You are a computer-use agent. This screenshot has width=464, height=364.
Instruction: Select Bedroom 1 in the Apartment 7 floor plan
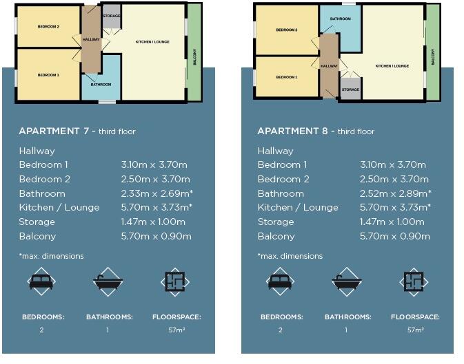pyautogui.click(x=48, y=74)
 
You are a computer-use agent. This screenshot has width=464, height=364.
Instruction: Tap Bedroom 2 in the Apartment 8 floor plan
pyautogui.click(x=286, y=30)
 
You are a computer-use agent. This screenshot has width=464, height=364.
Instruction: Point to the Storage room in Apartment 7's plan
pyautogui.click(x=111, y=16)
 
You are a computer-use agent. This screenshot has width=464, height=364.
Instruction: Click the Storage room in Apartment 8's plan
pyautogui.click(x=350, y=89)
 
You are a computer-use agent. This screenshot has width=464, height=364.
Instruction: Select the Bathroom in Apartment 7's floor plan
pyautogui.click(x=101, y=84)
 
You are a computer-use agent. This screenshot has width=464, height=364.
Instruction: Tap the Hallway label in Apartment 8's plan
pyautogui.click(x=330, y=65)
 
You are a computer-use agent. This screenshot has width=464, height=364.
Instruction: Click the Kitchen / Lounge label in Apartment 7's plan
pyautogui.click(x=152, y=42)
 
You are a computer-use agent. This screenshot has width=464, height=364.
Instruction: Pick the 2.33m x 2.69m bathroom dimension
pyautogui.click(x=157, y=193)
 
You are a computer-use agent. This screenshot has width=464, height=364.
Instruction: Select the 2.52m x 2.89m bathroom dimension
pyautogui.click(x=395, y=193)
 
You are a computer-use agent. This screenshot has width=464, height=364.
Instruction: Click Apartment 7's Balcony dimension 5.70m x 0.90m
pyautogui.click(x=156, y=236)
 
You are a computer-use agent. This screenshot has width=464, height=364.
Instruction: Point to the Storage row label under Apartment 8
pyautogui.click(x=275, y=222)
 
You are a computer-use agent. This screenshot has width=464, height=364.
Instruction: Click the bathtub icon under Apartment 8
pyautogui.click(x=347, y=281)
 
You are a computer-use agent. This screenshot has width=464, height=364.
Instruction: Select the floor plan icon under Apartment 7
pyautogui.click(x=175, y=281)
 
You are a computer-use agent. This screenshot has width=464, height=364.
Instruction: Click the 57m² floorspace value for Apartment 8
pyautogui.click(x=414, y=330)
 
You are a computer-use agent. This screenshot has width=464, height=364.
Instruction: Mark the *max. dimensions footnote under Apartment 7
pyautogui.click(x=51, y=256)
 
